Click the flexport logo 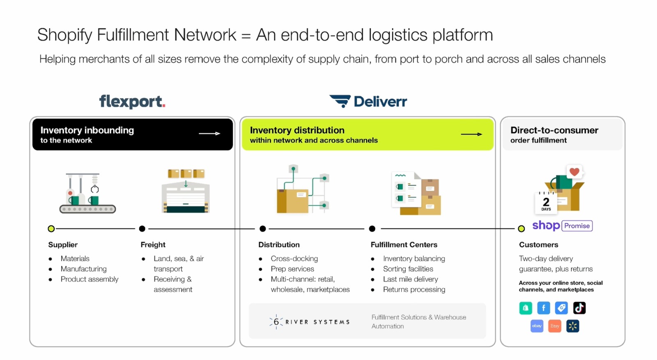pos(132,101)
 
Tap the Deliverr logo pos(368,101)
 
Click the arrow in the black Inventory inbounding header pos(209,134)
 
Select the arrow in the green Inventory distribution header pos(471,134)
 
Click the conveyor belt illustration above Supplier pos(87,193)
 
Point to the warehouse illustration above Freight pos(186,191)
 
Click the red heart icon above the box pos(574,172)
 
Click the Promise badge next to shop pos(577,226)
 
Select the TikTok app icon pos(579,308)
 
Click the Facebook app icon pos(544,308)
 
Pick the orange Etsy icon pos(555,326)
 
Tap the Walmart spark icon pos(573,326)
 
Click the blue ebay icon pos(537,326)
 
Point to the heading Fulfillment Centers pos(404,245)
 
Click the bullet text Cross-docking pos(294,259)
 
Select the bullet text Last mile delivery pos(410,279)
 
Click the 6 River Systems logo pos(310,322)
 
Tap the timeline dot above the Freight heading pos(142,229)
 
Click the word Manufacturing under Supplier pos(83,269)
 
